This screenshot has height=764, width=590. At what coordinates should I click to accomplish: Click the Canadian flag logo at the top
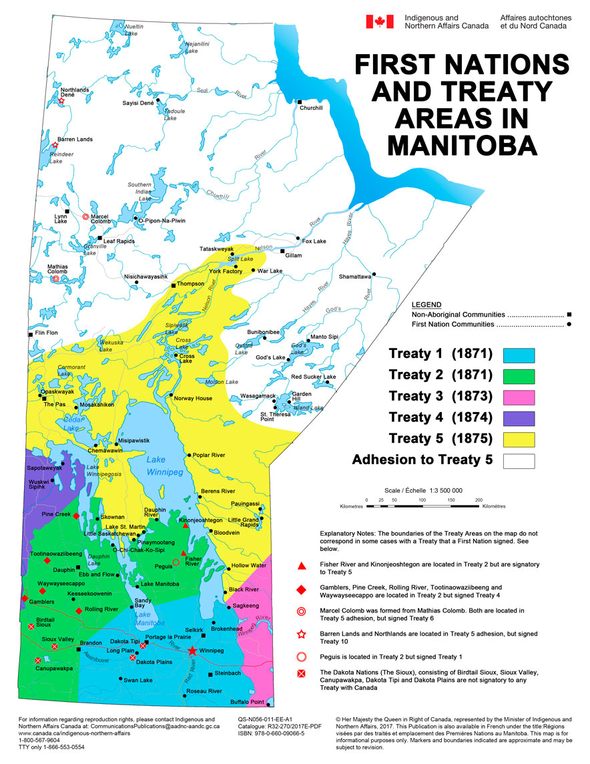(x=379, y=21)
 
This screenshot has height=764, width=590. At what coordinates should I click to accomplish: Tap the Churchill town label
(x=312, y=108)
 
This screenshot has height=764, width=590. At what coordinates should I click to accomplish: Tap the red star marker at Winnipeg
(x=192, y=650)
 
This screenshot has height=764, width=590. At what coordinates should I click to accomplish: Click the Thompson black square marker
(x=174, y=285)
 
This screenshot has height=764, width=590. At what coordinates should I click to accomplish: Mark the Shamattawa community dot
(x=374, y=273)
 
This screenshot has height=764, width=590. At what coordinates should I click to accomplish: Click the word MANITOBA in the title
(x=462, y=144)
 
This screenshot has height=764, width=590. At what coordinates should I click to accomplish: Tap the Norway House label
(x=193, y=398)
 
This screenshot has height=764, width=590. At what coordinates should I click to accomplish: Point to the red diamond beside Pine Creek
(x=76, y=516)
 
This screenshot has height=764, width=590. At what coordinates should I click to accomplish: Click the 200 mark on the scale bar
(x=479, y=500)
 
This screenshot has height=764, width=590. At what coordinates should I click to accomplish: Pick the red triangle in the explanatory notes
(x=302, y=566)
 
